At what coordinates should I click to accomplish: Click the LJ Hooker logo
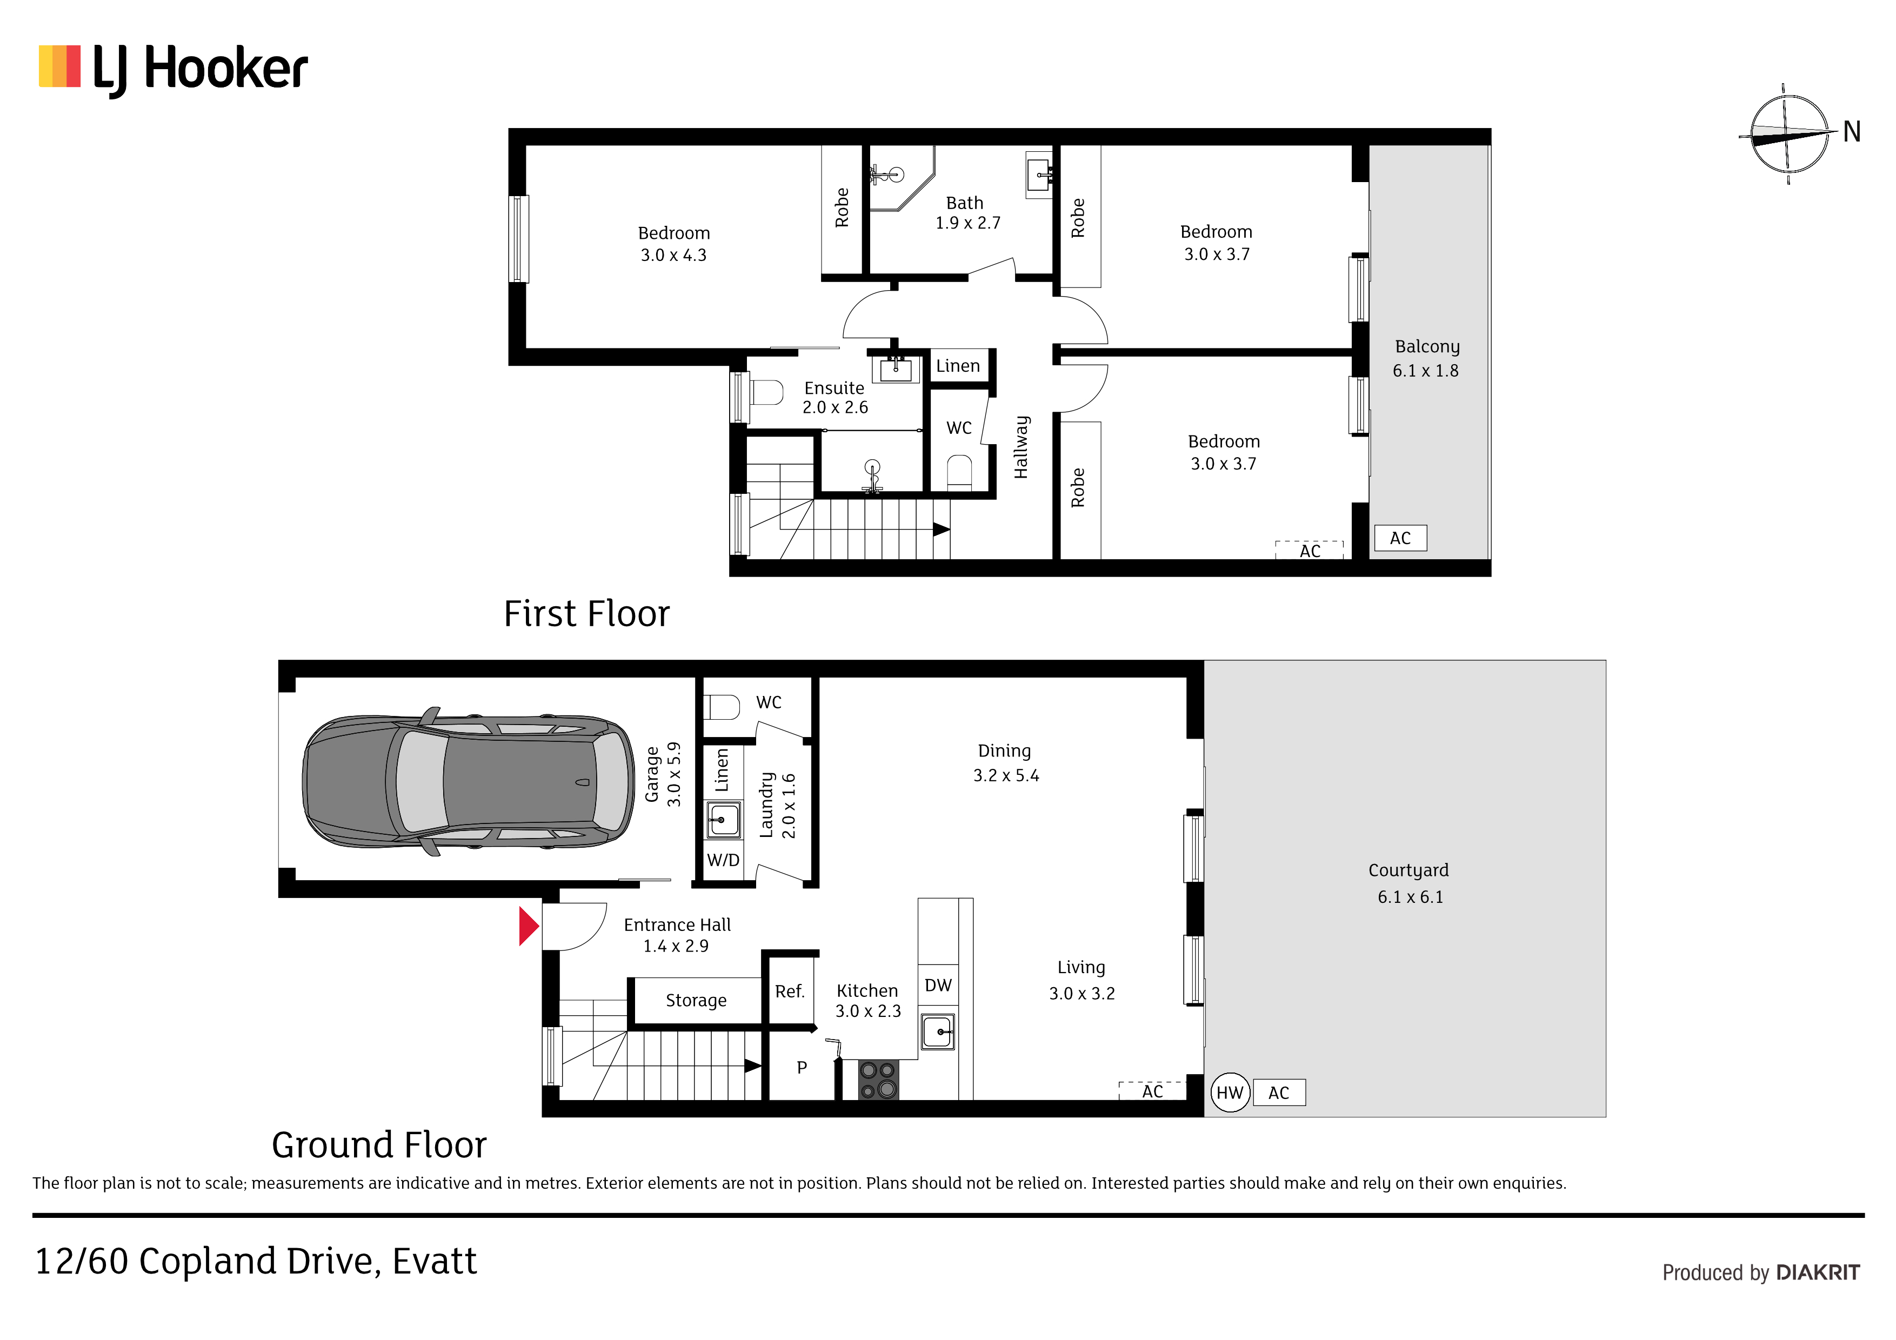tap(173, 69)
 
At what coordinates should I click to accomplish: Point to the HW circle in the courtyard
tap(1230, 1093)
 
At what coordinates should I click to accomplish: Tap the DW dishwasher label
tap(938, 985)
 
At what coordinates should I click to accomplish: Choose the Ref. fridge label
tap(790, 991)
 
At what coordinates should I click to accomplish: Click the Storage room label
tap(696, 1001)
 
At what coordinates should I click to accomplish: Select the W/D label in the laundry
tap(723, 860)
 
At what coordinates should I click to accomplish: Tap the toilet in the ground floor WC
tap(721, 707)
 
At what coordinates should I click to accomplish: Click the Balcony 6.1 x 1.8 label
tap(1426, 358)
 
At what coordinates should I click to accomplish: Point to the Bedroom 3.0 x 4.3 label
tap(674, 244)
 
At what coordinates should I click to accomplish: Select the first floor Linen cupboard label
tap(958, 366)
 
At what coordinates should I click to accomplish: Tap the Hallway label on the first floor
tap(1022, 447)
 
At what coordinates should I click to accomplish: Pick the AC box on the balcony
tap(1400, 538)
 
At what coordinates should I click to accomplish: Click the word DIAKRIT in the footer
tap(1818, 1272)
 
